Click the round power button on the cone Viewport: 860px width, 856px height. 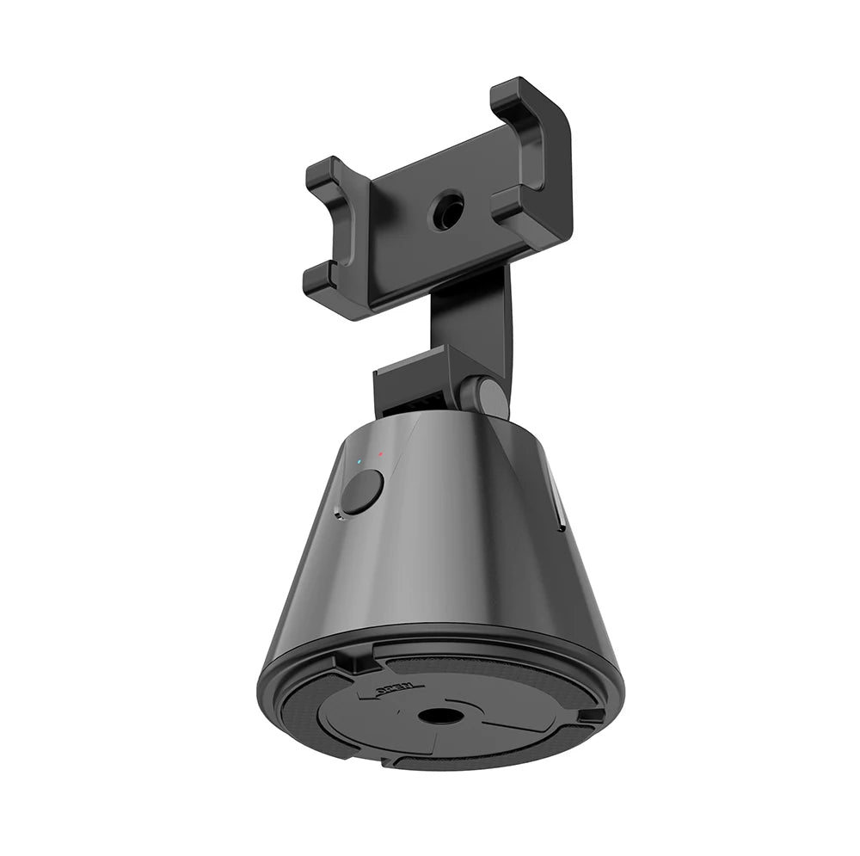[362, 492]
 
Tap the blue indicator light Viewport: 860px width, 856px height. [359, 461]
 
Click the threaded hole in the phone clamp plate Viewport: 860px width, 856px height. [446, 209]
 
